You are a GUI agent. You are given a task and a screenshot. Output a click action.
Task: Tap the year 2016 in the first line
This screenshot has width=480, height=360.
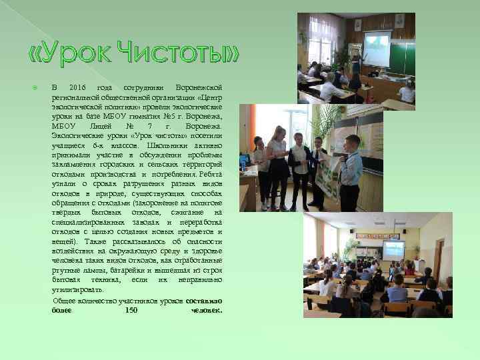coord(77,88)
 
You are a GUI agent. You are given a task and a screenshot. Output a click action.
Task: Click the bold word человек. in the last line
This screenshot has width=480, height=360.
coord(206,310)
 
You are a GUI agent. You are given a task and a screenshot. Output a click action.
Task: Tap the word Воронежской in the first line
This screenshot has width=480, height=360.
coord(199,88)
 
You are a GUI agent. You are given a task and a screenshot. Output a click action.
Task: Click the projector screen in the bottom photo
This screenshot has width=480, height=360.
coord(393,249)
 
